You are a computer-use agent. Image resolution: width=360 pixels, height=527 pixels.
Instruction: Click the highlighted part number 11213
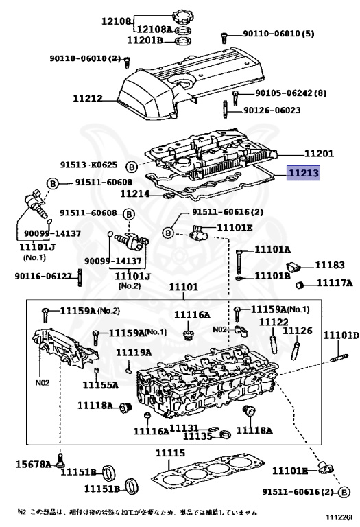pos(302,174)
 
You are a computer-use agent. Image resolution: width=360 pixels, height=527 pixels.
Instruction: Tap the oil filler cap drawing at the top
pos(183,16)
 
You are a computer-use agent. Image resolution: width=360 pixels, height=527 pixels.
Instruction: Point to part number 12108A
pos(156,30)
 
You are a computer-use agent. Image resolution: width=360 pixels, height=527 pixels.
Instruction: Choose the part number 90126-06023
pos(272,109)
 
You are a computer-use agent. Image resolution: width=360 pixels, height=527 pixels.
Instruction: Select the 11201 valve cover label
pos(318,154)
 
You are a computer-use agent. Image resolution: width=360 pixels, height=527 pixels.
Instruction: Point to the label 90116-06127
pos(43,276)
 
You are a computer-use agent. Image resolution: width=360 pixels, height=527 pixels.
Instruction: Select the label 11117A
pos(334,283)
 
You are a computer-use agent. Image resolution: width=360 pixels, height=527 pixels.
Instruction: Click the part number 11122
pos(273,322)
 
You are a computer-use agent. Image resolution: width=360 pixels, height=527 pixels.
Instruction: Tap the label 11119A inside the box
pos(133,352)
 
